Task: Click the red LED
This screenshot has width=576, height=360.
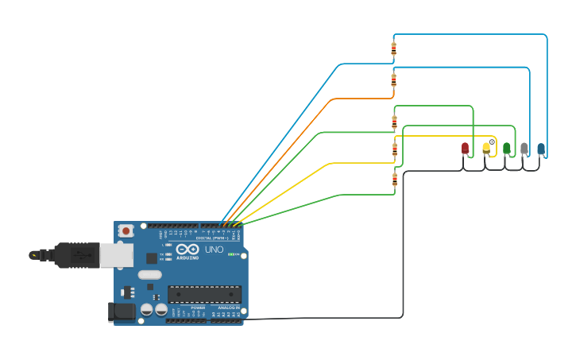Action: [466, 148]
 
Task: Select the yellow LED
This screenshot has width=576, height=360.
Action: [486, 148]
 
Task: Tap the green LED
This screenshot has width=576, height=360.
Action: [507, 148]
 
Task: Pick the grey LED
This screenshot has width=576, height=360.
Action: [524, 148]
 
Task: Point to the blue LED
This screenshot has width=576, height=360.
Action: [541, 148]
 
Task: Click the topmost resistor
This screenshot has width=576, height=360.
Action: [394, 49]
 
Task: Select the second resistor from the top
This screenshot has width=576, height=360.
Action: [394, 80]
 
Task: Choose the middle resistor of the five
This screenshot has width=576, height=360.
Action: [394, 122]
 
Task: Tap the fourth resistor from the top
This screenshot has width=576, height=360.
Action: [395, 149]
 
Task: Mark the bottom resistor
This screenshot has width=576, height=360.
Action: [395, 180]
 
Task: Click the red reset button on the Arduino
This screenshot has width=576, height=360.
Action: [126, 230]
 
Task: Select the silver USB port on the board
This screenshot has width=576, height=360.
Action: [116, 255]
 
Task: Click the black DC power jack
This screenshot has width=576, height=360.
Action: [120, 312]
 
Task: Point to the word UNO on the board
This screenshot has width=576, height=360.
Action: [214, 250]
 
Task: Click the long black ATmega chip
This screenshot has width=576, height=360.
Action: [203, 294]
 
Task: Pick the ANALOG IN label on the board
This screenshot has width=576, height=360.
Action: [228, 307]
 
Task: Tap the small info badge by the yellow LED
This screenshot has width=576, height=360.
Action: [493, 141]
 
